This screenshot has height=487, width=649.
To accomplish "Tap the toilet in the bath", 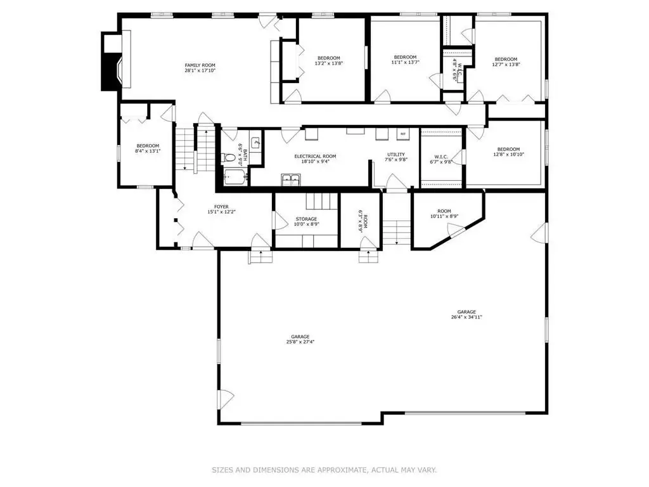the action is tap(228, 158).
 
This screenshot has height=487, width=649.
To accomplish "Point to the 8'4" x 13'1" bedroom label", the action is tap(148, 148).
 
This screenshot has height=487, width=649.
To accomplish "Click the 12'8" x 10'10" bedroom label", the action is tap(508, 152).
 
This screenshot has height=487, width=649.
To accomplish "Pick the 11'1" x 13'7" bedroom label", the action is tap(405, 60).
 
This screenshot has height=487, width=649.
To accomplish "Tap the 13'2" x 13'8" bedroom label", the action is tap(329, 60).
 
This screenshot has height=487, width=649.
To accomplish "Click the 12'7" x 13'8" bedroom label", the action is tap(506, 62).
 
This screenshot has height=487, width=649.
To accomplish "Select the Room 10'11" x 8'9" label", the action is tap(444, 213).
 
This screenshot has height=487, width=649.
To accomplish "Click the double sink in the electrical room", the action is tap(291, 179).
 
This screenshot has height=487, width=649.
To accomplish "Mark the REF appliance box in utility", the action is tap(402, 134).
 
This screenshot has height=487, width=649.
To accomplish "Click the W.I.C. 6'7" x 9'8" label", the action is tap(441, 159).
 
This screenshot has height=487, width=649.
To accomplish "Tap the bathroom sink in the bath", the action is tap(256, 143).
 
